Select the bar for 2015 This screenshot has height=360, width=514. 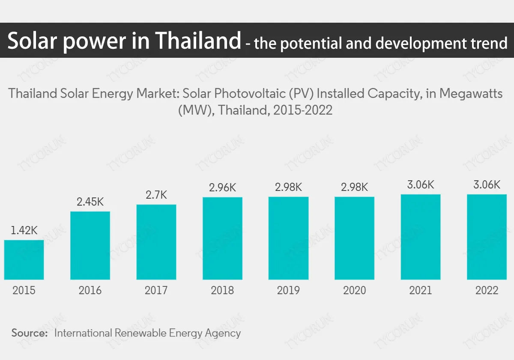click(24, 260)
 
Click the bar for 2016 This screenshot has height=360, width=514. click(90, 246)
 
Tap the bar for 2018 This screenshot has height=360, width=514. click(222, 238)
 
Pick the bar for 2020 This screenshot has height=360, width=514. click(354, 238)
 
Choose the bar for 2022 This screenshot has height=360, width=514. click(487, 237)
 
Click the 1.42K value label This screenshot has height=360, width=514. click(24, 230)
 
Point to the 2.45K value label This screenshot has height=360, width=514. click(90, 202)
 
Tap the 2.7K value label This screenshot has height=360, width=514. click(156, 195)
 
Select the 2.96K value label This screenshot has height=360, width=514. click(222, 187)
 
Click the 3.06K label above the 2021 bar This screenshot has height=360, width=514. click(421, 185)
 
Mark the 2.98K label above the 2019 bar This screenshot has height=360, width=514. click(288, 187)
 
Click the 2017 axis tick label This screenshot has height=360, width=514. click(156, 291)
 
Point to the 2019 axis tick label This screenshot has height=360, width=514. click(288, 291)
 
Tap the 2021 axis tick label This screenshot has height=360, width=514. click(421, 291)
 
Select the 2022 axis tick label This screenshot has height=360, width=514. click(487, 291)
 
